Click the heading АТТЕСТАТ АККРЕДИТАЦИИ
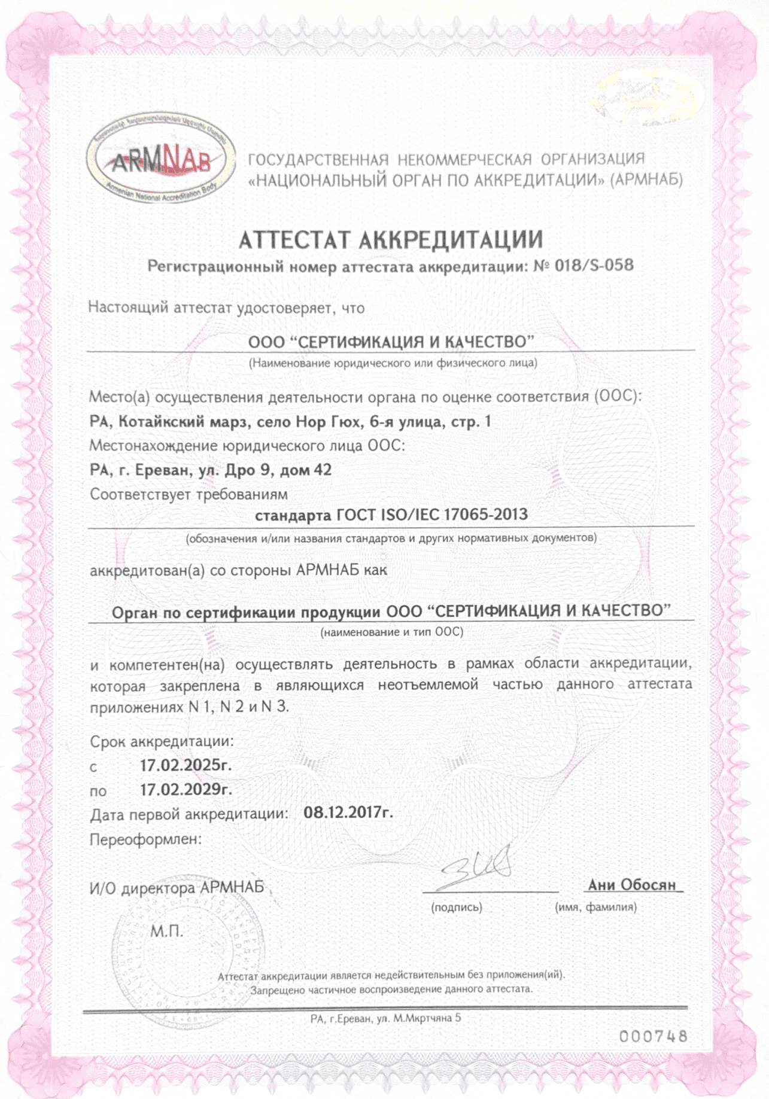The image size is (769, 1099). click(391, 240)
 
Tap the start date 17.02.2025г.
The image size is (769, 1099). click(186, 765)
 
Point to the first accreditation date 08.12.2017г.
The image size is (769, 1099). click(348, 813)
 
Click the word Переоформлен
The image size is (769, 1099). click(146, 839)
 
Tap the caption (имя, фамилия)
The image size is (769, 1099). click(595, 908)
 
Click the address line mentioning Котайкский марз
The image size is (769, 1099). click(290, 422)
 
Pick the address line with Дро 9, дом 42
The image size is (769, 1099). click(211, 470)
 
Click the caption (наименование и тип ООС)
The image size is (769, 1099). click(391, 632)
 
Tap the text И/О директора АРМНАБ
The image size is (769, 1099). click(177, 888)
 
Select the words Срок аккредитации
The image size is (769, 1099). click(162, 741)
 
